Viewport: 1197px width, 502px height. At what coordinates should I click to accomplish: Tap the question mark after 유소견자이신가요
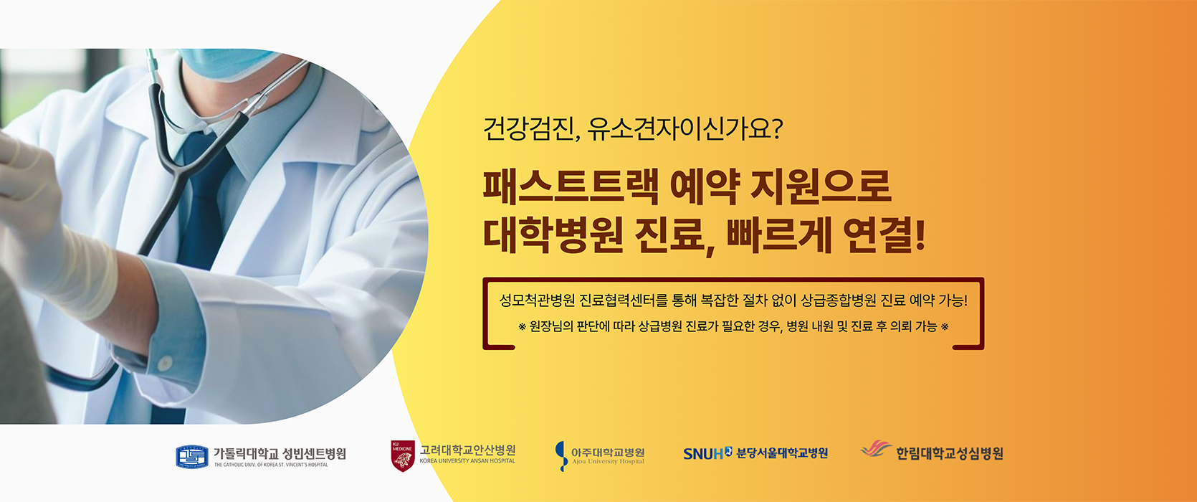(x=777, y=128)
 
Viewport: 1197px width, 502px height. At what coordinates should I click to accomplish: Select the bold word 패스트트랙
(x=571, y=186)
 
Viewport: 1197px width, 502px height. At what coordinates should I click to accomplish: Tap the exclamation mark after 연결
(x=920, y=235)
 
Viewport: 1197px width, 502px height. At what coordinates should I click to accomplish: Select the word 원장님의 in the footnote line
(x=551, y=326)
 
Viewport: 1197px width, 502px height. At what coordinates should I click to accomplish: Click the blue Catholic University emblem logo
(x=192, y=457)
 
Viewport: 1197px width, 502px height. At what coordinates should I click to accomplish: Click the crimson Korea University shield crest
(x=402, y=456)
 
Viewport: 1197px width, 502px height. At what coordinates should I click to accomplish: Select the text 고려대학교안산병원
(x=467, y=450)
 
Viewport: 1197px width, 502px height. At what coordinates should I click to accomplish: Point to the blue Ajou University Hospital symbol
(x=561, y=455)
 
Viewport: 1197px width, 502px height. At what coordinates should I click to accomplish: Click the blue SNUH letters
(x=703, y=454)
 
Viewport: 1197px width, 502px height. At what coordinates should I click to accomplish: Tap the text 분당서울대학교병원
(x=782, y=453)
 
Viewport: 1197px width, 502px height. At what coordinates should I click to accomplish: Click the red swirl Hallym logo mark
(x=877, y=448)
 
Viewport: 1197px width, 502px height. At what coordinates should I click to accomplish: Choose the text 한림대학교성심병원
(x=950, y=453)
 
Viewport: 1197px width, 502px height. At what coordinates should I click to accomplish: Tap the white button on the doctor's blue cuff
(x=165, y=363)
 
